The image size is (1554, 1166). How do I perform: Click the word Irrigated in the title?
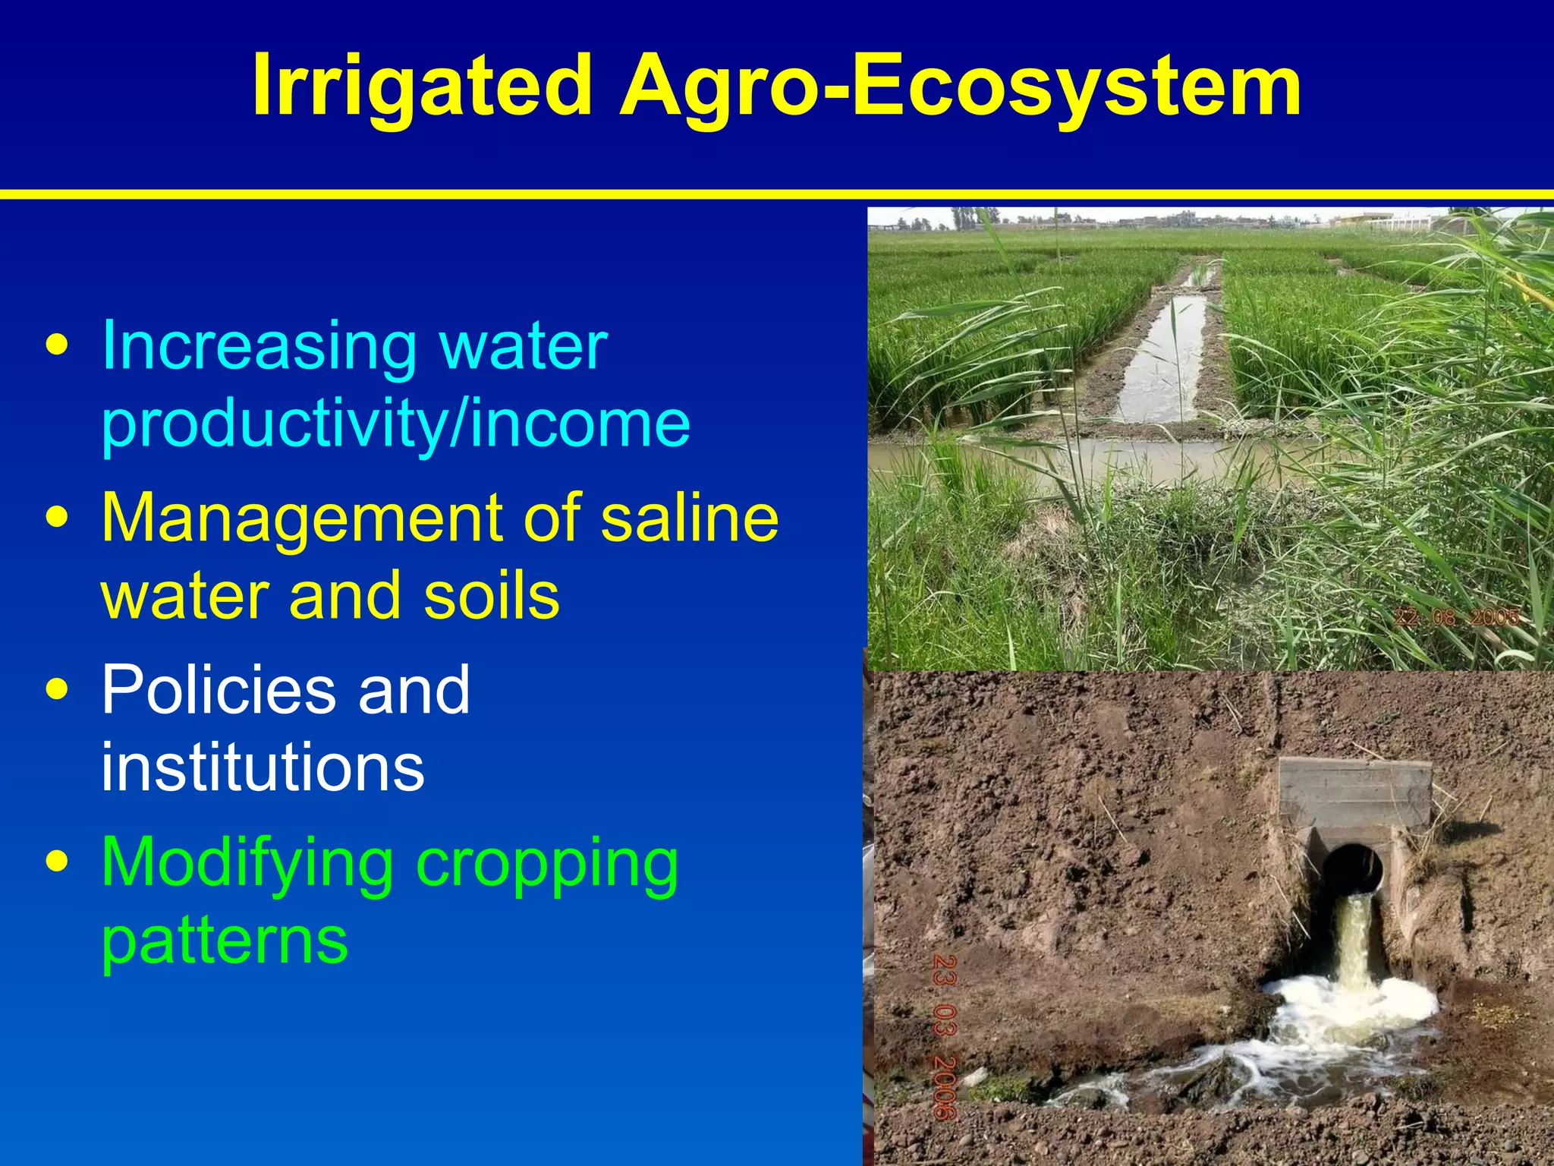(421, 86)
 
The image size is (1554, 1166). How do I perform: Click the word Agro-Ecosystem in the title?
(961, 86)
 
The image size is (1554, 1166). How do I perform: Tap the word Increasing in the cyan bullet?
(259, 347)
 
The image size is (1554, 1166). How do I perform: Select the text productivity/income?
(395, 424)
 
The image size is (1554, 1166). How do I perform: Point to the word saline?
(689, 518)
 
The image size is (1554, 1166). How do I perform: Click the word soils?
(491, 596)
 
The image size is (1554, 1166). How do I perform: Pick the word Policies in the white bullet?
(219, 690)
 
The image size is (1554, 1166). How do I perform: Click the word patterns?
(225, 941)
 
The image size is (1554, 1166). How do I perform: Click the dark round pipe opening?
(1352, 867)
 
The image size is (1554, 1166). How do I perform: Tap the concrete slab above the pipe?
(1355, 792)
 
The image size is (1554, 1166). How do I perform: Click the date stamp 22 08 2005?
(1456, 617)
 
